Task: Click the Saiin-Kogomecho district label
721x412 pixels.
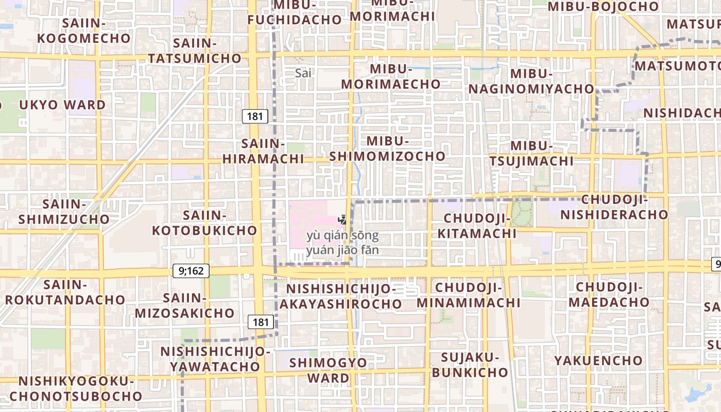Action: coord(84,31)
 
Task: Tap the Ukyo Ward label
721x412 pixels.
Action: coord(62,105)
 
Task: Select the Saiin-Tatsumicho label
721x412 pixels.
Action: coord(195,50)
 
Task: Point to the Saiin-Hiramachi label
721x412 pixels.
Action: coord(263,151)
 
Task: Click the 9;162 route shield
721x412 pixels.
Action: coord(191,271)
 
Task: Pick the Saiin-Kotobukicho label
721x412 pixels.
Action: coord(204,223)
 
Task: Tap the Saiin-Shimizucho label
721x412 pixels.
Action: coord(64,212)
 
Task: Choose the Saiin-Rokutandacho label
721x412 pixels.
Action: coord(65,292)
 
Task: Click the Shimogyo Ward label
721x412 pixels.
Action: coord(328,370)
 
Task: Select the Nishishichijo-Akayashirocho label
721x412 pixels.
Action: coord(340,296)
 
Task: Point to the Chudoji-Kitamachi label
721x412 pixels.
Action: coord(476,227)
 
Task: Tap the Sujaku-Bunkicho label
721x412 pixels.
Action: coord(470,365)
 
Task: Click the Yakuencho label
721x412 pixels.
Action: coord(598,360)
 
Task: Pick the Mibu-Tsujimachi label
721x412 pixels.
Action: coord(531,153)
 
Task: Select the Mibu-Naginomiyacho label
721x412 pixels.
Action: coord(531,81)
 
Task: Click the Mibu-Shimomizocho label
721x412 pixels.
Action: coord(387,148)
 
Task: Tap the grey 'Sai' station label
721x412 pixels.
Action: coord(304,73)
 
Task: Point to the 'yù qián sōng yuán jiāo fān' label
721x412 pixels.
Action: coord(342,244)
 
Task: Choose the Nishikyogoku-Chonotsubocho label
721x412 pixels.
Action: coord(76,388)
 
